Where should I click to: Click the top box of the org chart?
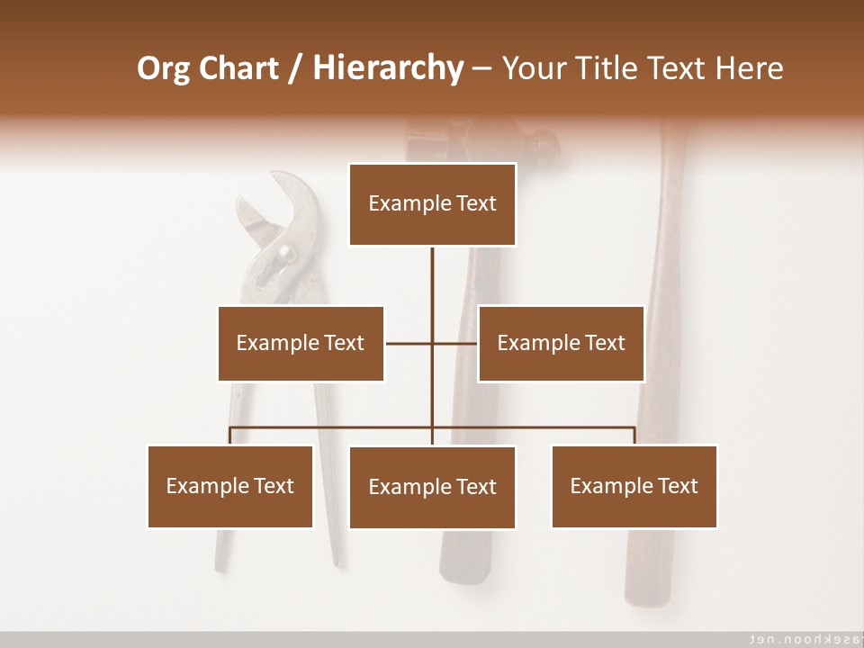click(x=432, y=204)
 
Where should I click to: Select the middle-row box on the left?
click(x=301, y=343)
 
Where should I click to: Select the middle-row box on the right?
click(x=561, y=343)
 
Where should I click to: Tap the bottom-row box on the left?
click(x=230, y=486)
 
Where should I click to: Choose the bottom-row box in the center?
click(x=432, y=487)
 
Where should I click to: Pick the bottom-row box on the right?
click(x=634, y=486)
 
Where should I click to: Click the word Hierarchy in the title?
click(x=388, y=68)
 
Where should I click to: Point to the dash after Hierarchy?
click(x=481, y=68)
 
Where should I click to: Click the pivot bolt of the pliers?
click(x=286, y=254)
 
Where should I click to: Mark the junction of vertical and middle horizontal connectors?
click(x=432, y=343)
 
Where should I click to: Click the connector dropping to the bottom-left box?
click(x=230, y=436)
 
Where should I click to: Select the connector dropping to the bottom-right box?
click(x=634, y=436)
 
